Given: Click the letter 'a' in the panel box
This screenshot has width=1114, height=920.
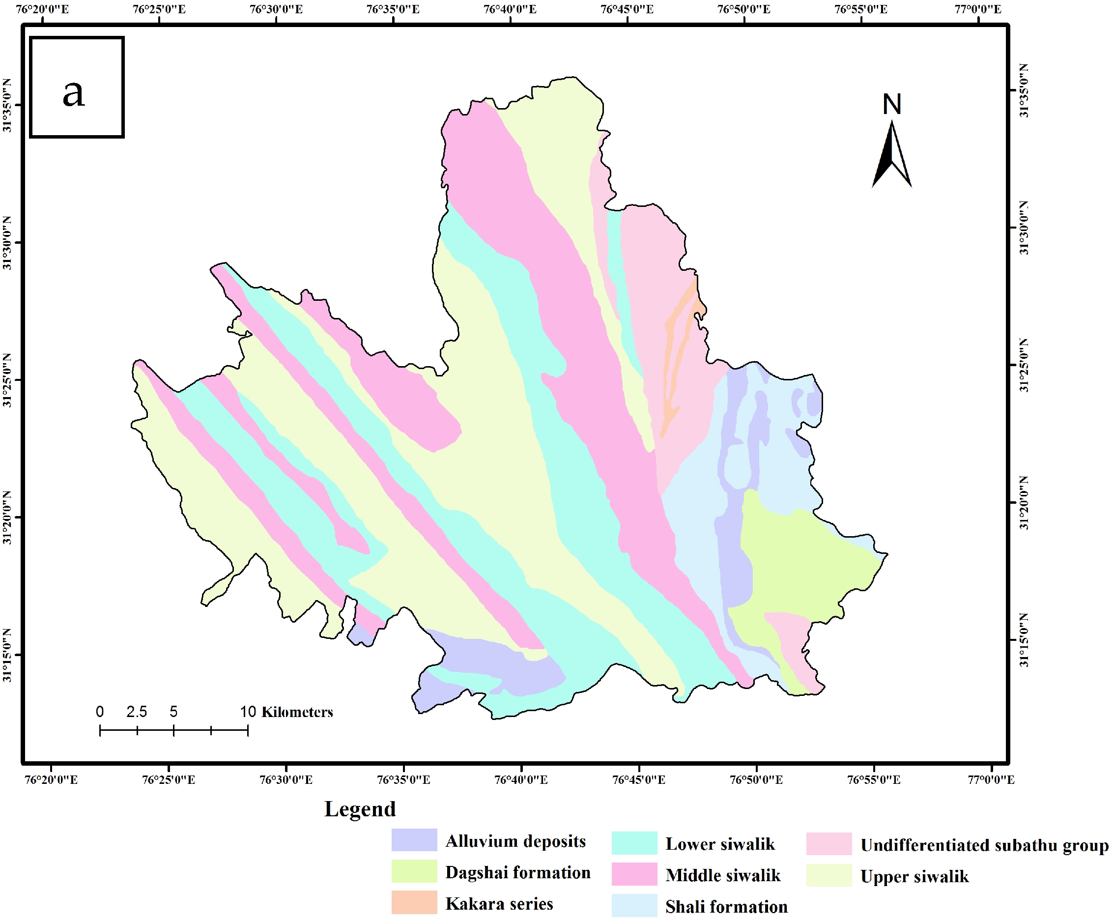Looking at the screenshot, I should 74,94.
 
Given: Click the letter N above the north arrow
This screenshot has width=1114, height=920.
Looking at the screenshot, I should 891,104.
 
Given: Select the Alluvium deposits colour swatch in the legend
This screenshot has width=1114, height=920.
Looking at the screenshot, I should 414,840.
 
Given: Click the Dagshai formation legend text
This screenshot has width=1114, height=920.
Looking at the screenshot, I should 517,872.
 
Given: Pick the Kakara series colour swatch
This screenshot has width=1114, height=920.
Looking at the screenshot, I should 414,902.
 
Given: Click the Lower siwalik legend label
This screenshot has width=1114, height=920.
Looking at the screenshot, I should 720,844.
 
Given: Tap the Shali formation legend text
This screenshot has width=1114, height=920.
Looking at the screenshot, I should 726,907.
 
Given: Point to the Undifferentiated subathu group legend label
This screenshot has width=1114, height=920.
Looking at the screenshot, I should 984,845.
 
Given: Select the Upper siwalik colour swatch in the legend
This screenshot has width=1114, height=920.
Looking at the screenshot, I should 829,875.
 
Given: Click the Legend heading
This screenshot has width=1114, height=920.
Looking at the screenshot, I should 360,809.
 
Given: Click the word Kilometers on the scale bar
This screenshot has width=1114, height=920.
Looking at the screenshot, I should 297,712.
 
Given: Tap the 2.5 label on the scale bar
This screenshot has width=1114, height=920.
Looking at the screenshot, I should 137,712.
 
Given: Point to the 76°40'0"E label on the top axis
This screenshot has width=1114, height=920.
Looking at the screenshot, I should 510,9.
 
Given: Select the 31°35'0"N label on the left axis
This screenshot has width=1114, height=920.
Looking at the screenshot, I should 7,105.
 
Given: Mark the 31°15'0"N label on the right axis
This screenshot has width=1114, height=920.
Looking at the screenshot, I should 1024,640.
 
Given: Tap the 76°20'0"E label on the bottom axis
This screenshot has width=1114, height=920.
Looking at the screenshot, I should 51,780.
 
